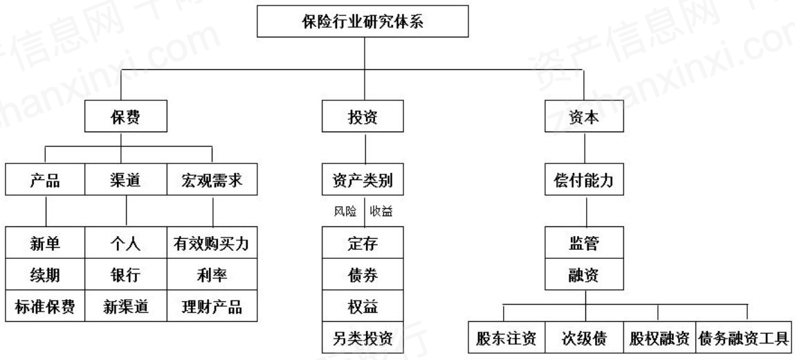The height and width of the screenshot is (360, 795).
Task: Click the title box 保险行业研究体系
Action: pos(363,21)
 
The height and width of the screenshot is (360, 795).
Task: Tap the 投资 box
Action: pos(363,116)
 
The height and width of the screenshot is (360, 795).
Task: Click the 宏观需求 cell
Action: pos(212,180)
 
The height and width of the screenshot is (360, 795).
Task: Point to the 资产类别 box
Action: pos(363,180)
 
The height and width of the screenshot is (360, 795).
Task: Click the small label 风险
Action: pos(345,211)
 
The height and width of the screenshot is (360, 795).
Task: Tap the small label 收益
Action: pos(381,211)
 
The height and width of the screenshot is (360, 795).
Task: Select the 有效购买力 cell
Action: pos(212,244)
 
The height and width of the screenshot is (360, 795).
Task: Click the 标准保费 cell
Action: pos(45,306)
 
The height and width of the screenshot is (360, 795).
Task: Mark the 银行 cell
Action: pos(126,276)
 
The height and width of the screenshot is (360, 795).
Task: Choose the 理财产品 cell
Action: pos(212,306)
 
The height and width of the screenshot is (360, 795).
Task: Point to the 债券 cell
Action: pos(363,276)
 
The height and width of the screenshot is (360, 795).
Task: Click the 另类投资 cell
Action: pos(363,337)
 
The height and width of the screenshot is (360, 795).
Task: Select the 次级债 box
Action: pos(584,337)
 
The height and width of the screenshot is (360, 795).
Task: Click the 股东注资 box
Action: pos(506,337)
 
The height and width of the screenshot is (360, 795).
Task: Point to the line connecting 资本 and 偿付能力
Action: pos(585,149)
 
